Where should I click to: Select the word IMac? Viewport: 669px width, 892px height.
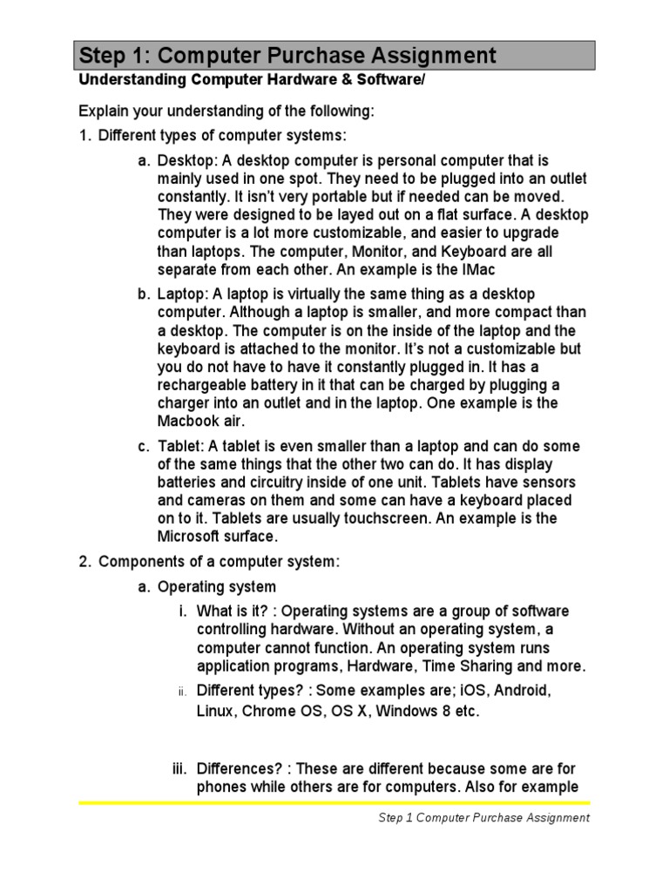480,270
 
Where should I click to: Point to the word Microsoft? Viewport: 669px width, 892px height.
192,537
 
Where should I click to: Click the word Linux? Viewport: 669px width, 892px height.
214,712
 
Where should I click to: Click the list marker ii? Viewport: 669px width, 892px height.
182,692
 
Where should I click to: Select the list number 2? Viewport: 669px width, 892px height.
84,562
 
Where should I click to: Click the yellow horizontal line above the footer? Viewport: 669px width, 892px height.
334,803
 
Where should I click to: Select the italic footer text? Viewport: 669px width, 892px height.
484,818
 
